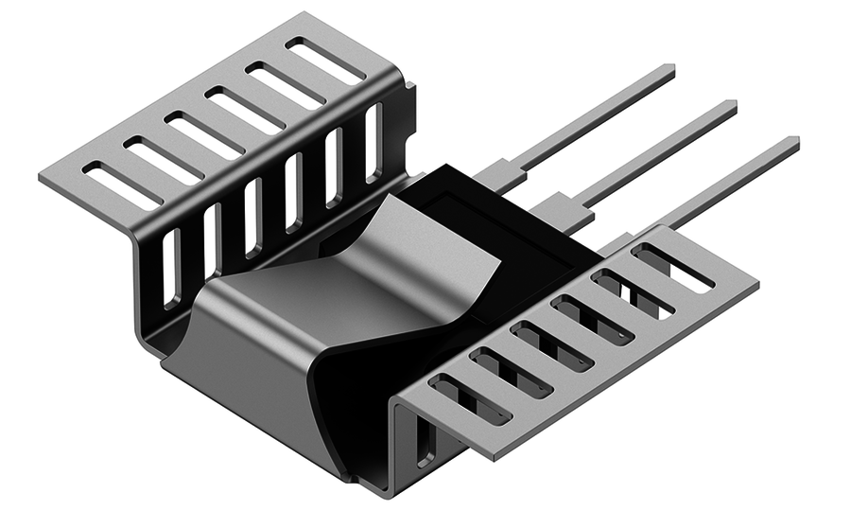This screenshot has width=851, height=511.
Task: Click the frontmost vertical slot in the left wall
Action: click(169, 269)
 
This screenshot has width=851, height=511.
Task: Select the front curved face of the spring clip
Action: click(255, 379)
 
